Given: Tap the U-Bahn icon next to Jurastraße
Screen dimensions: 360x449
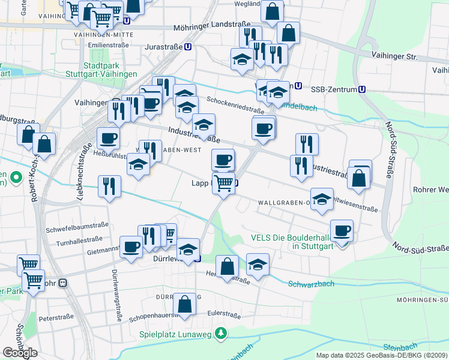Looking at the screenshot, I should click(x=188, y=46).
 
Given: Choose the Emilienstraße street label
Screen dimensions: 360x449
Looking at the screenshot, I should click(x=108, y=45).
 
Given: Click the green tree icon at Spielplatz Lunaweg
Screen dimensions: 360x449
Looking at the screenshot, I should click(x=221, y=333).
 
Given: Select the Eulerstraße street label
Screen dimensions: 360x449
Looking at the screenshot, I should click(x=223, y=314).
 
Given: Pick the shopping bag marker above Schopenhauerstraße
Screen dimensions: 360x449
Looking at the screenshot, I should click(x=185, y=302).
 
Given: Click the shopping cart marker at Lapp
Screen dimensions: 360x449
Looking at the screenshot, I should click(x=223, y=182).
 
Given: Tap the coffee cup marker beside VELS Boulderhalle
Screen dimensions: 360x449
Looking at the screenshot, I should click(x=342, y=230).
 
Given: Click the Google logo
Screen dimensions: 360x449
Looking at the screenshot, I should click(x=20, y=352).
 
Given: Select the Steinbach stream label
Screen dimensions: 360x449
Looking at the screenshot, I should click(x=399, y=347).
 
